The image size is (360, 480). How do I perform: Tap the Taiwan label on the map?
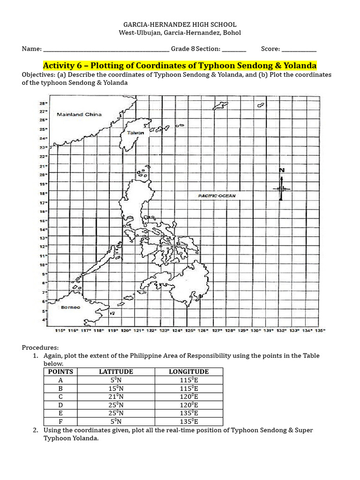[x=135, y=133]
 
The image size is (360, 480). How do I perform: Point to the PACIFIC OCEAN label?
[x=217, y=195]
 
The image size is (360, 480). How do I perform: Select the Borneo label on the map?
[x=70, y=307]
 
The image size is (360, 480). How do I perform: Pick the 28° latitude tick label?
[x=43, y=103]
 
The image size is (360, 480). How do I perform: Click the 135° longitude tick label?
[x=320, y=330]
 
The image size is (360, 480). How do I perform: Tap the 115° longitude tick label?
[x=60, y=330]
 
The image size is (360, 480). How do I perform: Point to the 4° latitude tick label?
[x=45, y=320]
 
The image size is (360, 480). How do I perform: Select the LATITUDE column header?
[x=116, y=372]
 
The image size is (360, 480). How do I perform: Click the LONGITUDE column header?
[x=188, y=372]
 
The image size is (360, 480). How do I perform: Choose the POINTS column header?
[x=60, y=372]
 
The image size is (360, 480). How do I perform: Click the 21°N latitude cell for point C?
[x=116, y=397]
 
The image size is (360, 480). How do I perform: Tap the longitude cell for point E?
[x=188, y=413]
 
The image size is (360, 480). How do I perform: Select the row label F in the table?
[x=60, y=422]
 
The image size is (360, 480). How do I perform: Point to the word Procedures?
[x=40, y=347]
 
